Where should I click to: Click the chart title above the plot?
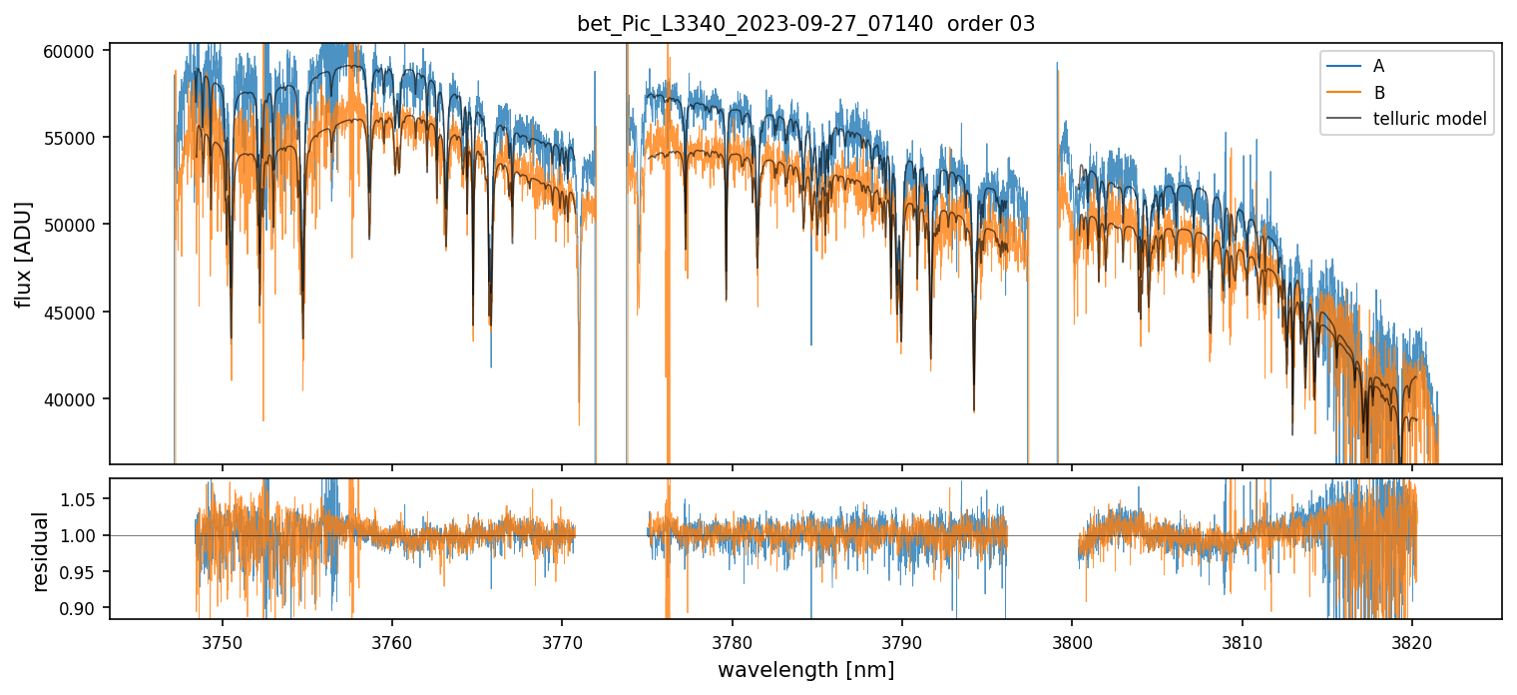tap(805, 24)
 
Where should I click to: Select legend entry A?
tap(1378, 67)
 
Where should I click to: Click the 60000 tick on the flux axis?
tap(76, 51)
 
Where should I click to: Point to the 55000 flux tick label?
tap(76, 138)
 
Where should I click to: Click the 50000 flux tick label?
tap(76, 225)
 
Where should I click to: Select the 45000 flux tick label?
tap(76, 313)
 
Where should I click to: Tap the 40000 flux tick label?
tap(76, 399)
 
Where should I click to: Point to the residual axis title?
tap(40, 551)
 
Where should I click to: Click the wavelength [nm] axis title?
tap(805, 670)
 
